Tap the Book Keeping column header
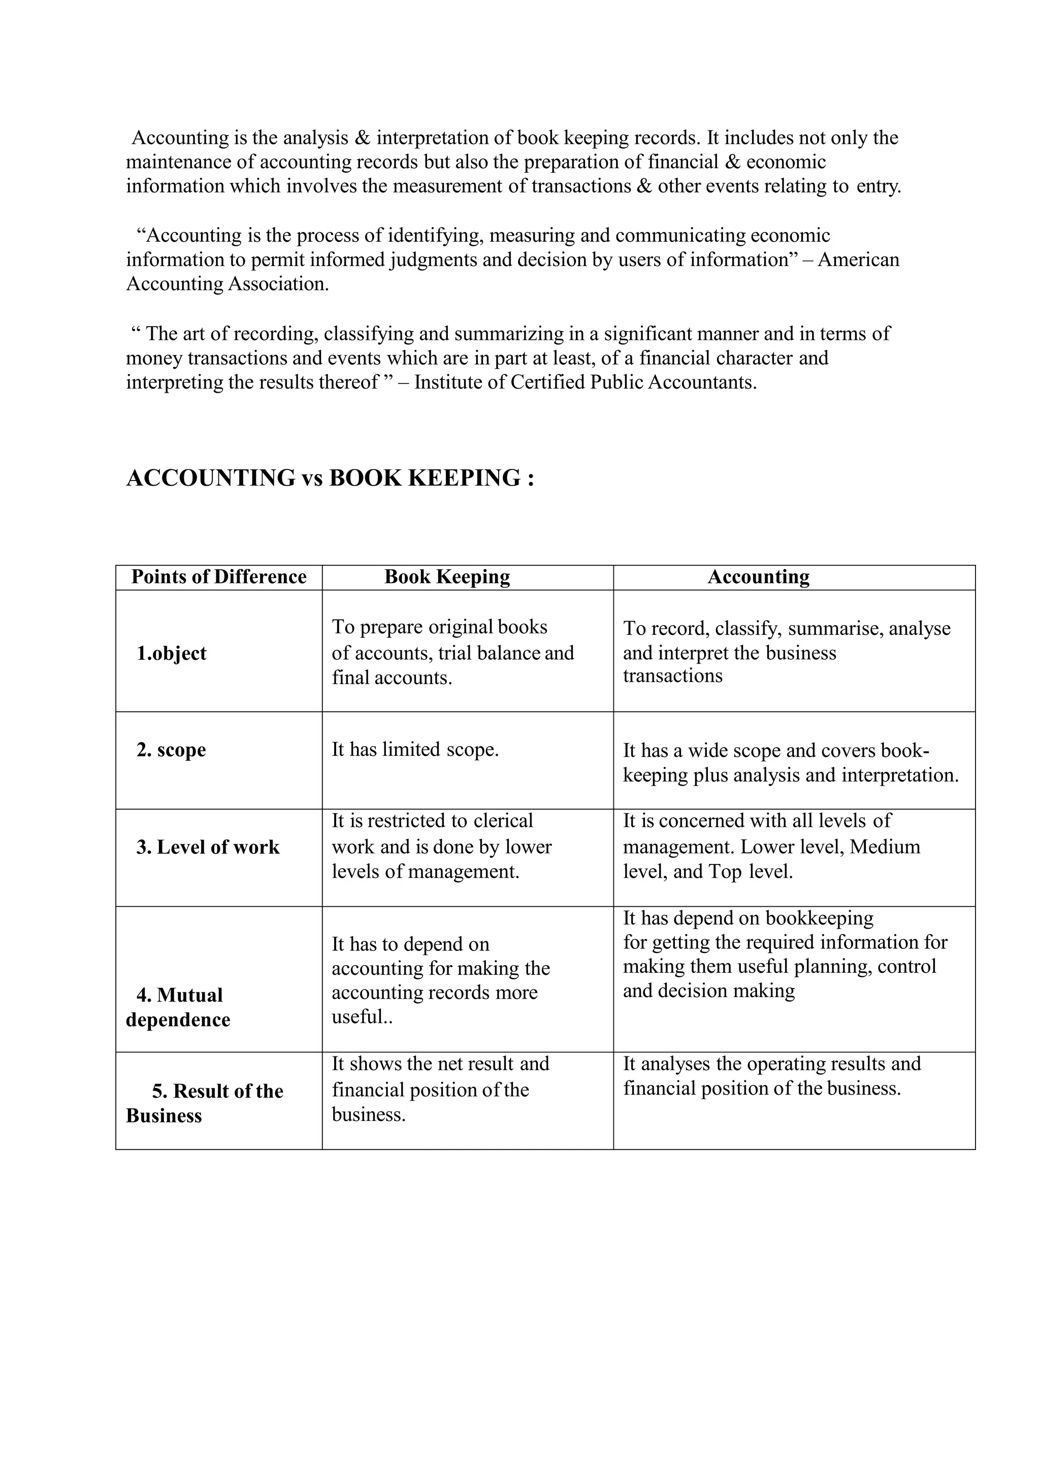point(447,577)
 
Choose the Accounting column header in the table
point(758,577)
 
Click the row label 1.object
point(171,653)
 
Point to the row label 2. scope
point(171,750)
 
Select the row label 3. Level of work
point(208,847)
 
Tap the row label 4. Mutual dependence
point(178,1007)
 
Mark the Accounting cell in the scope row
point(791,763)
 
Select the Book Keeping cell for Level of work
point(441,846)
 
